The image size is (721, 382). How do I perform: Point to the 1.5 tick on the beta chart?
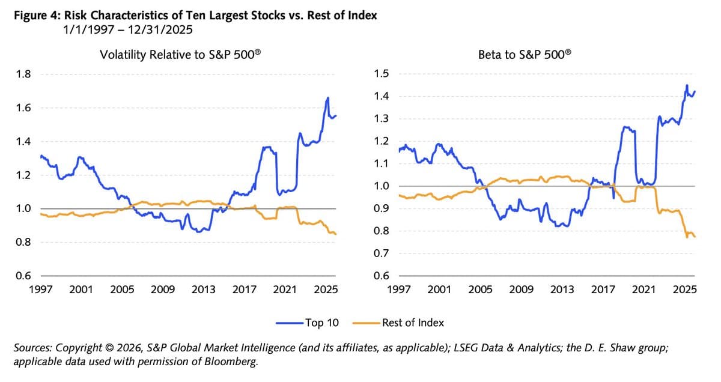382,74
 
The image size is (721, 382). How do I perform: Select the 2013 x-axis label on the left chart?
204,290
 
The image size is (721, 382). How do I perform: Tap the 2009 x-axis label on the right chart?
521,290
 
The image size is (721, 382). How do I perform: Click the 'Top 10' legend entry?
321,323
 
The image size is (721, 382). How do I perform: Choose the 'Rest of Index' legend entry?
413,323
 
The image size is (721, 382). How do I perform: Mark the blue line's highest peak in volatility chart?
328,98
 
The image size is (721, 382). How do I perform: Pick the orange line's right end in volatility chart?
336,234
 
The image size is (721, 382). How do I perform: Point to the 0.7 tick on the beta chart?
382,253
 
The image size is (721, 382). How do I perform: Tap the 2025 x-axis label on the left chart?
326,290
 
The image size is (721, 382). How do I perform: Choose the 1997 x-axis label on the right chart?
398,290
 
